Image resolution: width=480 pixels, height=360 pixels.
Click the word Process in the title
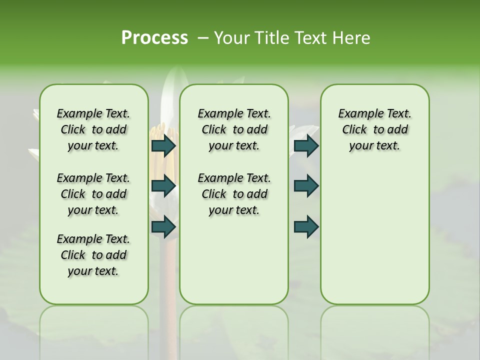[x=154, y=38]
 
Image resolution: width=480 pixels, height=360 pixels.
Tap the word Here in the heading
[x=352, y=38]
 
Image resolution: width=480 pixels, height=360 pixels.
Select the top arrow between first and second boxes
[x=163, y=146]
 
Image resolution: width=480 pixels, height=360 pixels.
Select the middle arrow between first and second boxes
[x=163, y=186]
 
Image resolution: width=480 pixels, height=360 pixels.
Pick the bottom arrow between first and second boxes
[x=163, y=226]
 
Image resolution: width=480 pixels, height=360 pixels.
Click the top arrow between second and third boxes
[x=306, y=146]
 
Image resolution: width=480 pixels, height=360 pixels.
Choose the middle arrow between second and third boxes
[x=306, y=186]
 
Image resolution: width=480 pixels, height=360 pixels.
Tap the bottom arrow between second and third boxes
[x=306, y=226]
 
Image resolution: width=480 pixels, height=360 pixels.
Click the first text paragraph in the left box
[x=93, y=129]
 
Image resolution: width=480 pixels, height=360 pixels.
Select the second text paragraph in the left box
[x=93, y=194]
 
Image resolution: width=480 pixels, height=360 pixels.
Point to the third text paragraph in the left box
[x=93, y=255]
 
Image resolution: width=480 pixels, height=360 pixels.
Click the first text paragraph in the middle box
[x=234, y=129]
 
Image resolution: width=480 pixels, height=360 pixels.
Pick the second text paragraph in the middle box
[x=234, y=194]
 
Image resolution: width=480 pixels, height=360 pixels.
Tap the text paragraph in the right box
[x=375, y=129]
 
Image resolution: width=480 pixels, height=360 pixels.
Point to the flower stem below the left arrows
[x=164, y=270]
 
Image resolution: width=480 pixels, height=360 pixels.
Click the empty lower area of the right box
[x=375, y=240]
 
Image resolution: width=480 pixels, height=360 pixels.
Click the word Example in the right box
[x=357, y=113]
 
